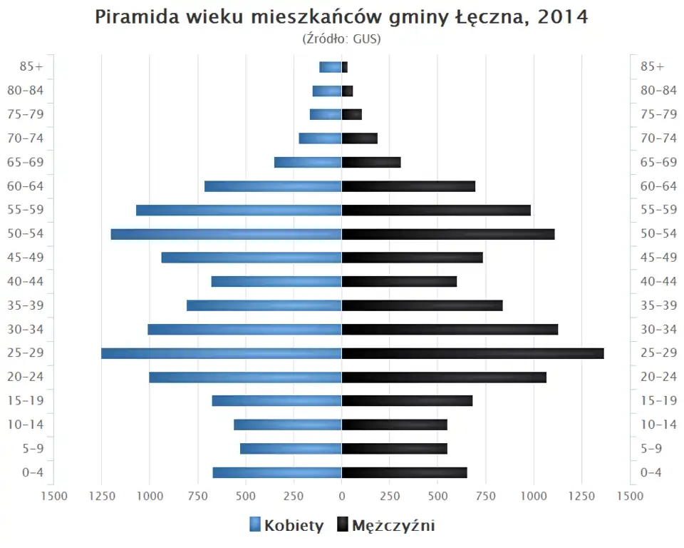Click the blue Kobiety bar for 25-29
(221, 353)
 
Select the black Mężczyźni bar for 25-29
(472, 353)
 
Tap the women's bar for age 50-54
(226, 234)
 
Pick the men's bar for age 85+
(345, 67)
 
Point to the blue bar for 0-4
(277, 472)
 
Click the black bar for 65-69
(371, 162)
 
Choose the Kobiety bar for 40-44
(276, 281)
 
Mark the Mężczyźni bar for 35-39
(422, 305)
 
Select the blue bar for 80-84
(327, 91)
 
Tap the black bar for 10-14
(394, 425)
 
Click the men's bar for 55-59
(436, 210)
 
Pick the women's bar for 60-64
(273, 186)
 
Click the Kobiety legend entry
(286, 526)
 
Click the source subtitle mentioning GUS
(341, 39)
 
